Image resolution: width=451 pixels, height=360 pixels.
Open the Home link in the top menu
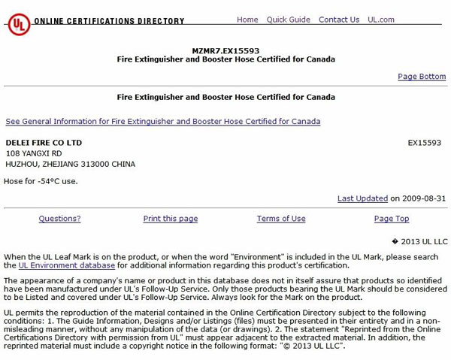247,20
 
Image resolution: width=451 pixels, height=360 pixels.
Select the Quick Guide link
288,20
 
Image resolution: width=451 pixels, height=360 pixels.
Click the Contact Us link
339,20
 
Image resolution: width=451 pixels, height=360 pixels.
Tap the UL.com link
381,20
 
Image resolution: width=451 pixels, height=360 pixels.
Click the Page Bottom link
422,77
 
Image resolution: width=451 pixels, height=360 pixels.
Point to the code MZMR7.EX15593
225,50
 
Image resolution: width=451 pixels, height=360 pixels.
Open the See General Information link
163,121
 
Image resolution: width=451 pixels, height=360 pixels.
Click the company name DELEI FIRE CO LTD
44,142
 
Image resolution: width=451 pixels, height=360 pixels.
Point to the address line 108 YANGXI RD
34,153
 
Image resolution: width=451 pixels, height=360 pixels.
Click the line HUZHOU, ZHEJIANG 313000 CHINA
71,164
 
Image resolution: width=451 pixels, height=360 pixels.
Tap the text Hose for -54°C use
41,181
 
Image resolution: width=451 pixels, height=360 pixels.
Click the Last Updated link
362,198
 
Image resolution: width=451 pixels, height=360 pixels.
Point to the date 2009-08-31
425,198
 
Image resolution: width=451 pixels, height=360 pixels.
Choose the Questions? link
59,219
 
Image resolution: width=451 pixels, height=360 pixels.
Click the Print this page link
171,219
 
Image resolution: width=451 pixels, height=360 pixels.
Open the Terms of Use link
281,219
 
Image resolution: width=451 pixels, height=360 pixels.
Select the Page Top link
392,219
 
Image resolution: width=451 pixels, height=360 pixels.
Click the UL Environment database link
67,265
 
